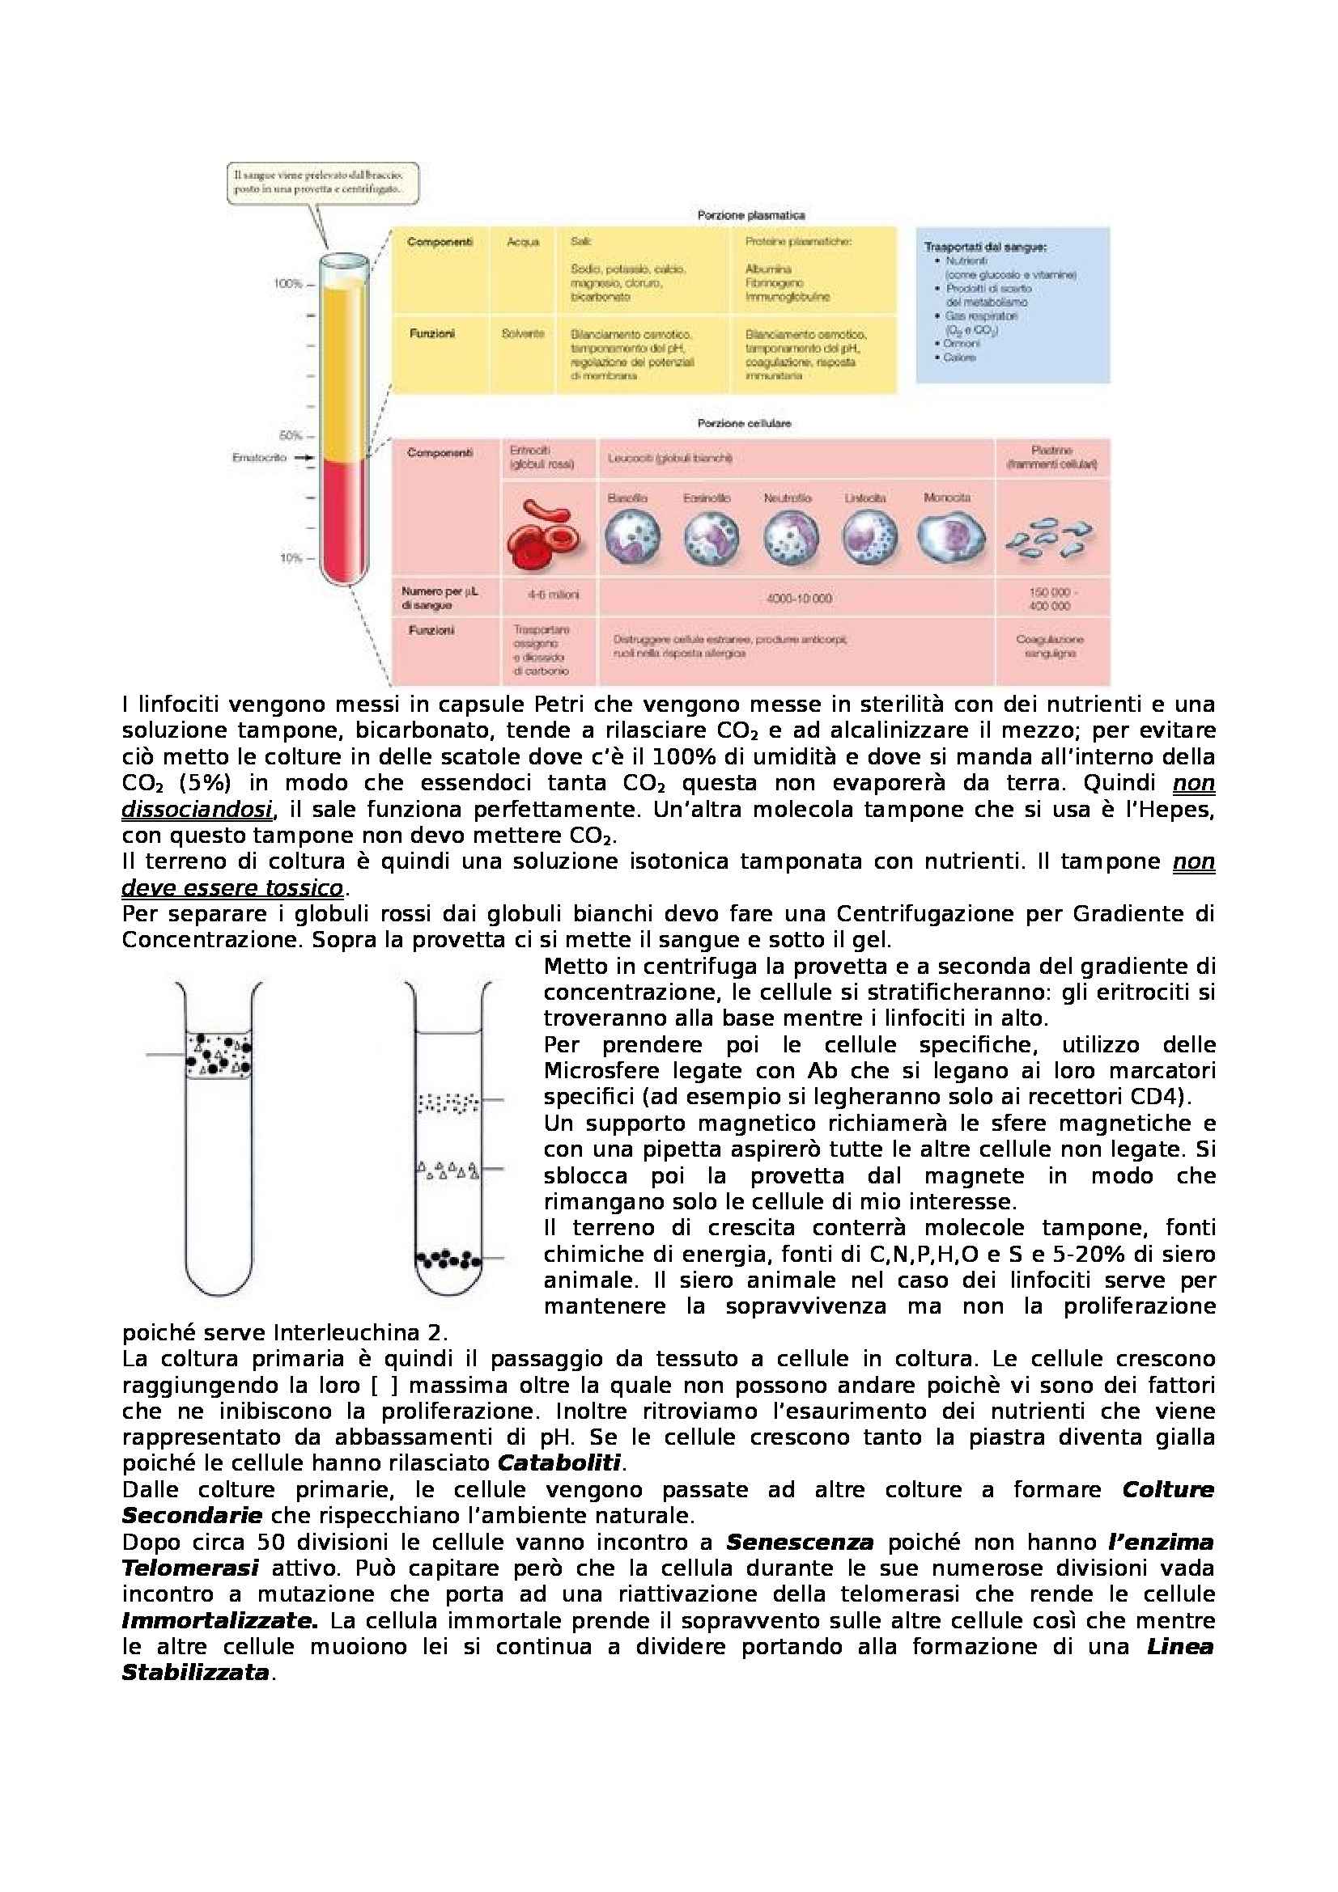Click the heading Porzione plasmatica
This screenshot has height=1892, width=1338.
(x=750, y=215)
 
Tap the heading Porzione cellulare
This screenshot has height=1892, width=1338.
(x=744, y=423)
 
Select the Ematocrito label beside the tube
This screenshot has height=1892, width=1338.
(x=259, y=457)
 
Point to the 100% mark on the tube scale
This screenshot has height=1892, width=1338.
(x=288, y=283)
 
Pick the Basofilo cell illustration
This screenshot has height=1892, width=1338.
(x=631, y=536)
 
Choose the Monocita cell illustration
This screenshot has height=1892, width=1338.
(x=950, y=536)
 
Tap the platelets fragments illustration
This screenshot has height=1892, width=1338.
(x=1050, y=536)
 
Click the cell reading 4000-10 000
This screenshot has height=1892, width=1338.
(x=798, y=599)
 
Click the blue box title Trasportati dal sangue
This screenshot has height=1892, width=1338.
(x=985, y=247)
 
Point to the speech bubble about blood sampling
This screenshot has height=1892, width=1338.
(x=323, y=182)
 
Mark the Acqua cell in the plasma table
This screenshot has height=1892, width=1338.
(x=523, y=241)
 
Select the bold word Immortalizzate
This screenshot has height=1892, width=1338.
(x=219, y=1620)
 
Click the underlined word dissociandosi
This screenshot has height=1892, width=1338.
(x=197, y=809)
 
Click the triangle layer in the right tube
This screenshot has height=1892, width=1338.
(x=448, y=1169)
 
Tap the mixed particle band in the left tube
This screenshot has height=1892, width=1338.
(x=219, y=1056)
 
